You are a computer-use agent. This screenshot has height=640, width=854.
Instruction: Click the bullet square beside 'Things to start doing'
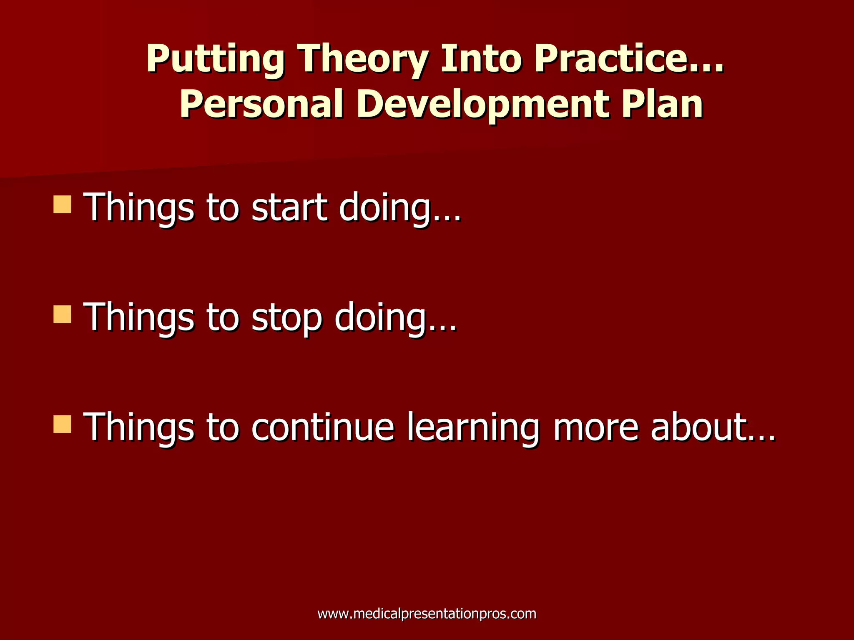pos(62,205)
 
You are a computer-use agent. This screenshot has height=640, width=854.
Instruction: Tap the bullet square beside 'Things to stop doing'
pos(62,315)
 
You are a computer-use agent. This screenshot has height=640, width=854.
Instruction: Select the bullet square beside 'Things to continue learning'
pos(62,425)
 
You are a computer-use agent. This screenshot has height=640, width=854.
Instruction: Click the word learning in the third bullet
pos(472,428)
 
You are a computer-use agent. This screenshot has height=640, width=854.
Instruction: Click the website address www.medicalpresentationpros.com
pos(427,614)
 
